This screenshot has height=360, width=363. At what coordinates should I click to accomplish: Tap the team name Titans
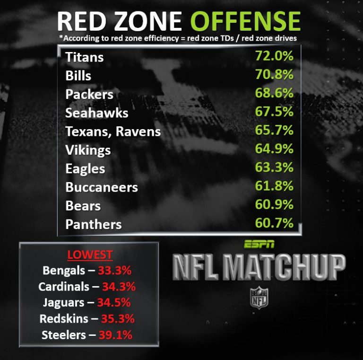85,57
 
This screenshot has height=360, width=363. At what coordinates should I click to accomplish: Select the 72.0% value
274,56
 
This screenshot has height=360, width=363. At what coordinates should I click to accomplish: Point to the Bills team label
78,76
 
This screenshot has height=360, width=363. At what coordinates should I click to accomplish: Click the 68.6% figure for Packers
274,93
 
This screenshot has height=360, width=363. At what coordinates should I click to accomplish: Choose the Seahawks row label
97,113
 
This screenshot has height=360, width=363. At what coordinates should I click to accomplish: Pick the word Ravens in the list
139,132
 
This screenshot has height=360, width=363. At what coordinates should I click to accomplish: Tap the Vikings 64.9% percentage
274,149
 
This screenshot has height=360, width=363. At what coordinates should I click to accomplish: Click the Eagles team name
85,169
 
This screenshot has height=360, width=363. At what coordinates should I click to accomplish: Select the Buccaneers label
102,187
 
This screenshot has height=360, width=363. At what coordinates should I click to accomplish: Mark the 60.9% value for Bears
274,204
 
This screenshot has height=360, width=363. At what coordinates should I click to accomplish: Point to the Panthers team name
94,224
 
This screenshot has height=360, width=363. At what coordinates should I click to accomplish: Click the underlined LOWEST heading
90,255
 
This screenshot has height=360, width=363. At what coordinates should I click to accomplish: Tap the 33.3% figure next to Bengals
114,271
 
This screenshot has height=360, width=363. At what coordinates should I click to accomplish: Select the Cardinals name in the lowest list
63,287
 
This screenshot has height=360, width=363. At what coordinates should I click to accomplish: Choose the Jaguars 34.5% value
114,303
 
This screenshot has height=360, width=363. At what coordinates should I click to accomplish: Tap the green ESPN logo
259,245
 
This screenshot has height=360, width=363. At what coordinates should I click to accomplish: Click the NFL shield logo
259,298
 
